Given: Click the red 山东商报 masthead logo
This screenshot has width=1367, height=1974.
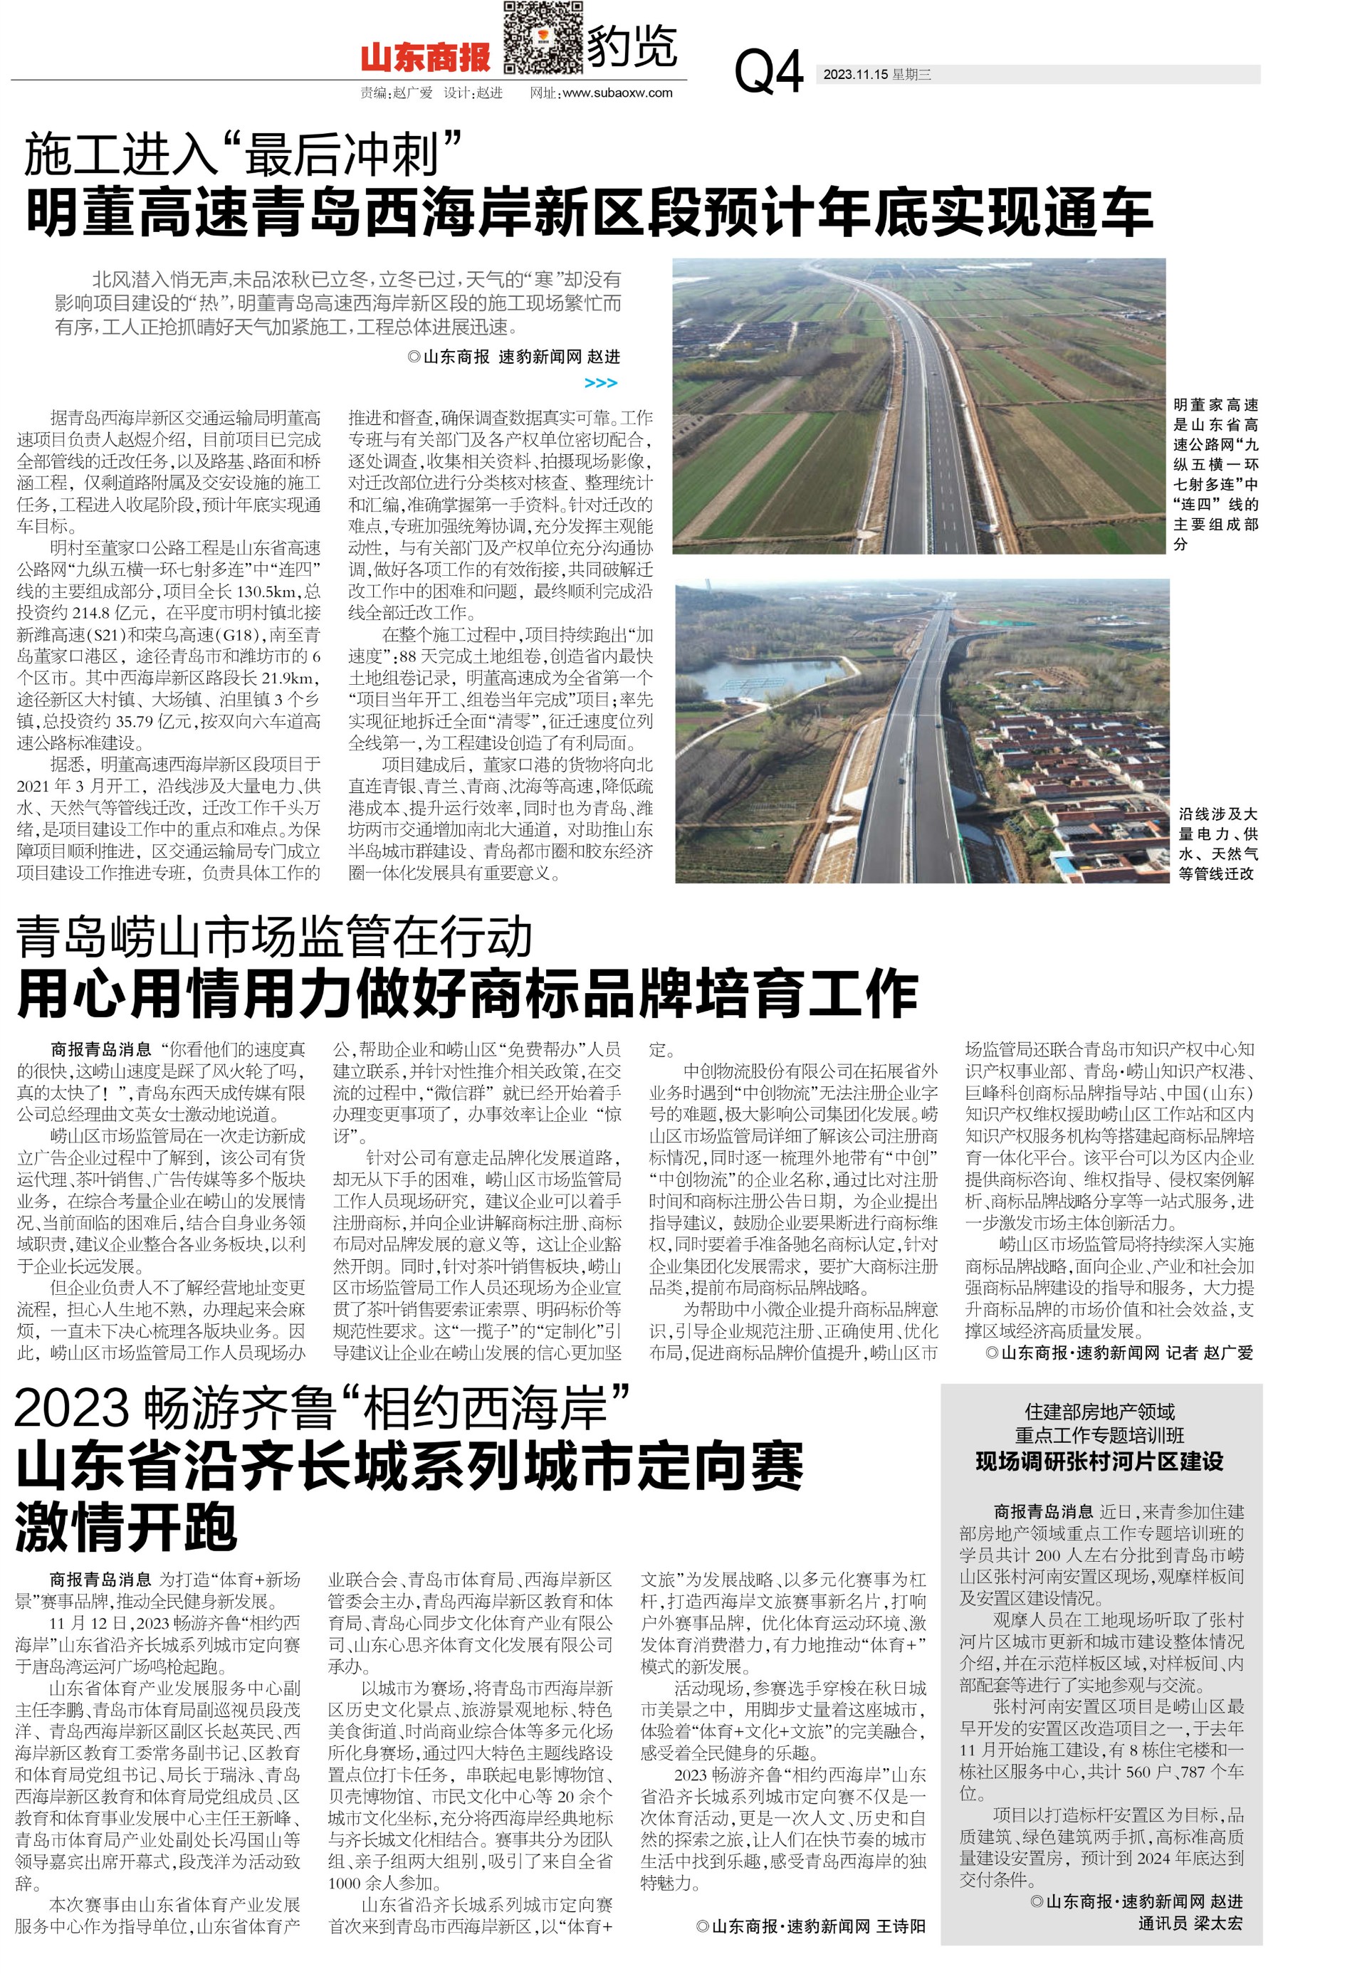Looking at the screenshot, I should (x=425, y=58).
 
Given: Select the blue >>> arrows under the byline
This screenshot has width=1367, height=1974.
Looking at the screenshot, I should (x=599, y=383).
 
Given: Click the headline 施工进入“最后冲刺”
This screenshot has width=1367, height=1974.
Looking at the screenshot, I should (x=244, y=155).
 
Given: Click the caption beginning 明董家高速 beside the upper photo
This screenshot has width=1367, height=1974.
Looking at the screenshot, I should (x=1215, y=473).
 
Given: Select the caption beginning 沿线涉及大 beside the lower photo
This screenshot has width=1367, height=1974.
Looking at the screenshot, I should (x=1217, y=843).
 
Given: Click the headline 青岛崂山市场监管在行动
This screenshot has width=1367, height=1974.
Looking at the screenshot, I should (x=274, y=937).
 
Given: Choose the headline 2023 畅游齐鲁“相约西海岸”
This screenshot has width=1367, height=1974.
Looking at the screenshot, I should (x=322, y=1407).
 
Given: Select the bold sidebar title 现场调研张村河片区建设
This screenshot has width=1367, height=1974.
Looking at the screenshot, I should (x=1099, y=1461).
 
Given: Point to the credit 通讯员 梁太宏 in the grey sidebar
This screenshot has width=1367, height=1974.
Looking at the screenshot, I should (x=1189, y=1923).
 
